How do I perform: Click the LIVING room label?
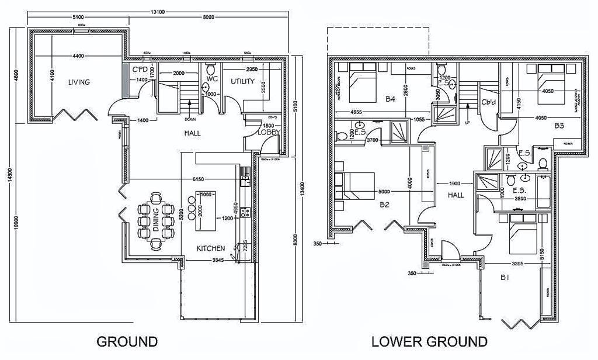coord(78,82)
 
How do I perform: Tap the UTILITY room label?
coord(242,81)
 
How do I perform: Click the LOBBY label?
coord(269,133)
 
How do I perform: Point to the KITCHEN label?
coord(211,248)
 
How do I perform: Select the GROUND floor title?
coord(127,341)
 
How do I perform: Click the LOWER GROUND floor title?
coord(429,341)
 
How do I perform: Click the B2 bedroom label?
coord(384,205)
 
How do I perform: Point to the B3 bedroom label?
coord(559,126)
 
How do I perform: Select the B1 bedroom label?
coord(503,278)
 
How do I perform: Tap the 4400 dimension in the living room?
coord(79,56)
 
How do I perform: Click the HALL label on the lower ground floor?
coord(456,195)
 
